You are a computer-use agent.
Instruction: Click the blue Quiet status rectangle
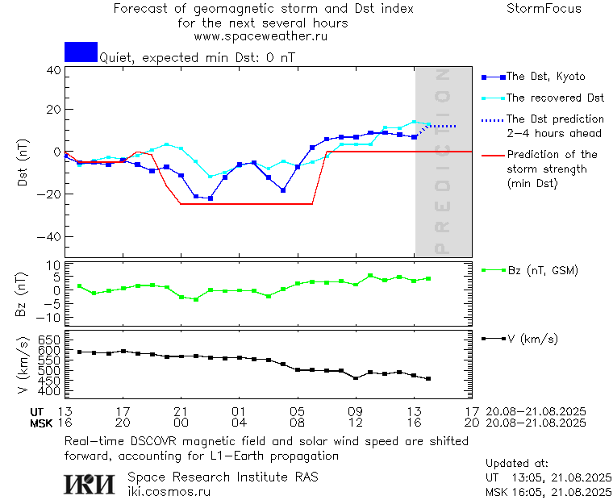click(81, 52)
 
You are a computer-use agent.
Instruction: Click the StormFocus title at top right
click(544, 9)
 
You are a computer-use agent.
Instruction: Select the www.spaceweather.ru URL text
click(261, 36)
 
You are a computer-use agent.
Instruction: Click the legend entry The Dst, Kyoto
click(545, 77)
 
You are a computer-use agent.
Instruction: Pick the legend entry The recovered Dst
click(555, 98)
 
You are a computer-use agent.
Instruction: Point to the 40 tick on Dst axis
click(53, 70)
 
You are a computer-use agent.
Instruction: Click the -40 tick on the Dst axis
click(50, 237)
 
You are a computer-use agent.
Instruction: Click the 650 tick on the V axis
click(48, 340)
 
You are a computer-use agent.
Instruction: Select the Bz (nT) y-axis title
click(23, 294)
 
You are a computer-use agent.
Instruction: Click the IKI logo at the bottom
click(90, 483)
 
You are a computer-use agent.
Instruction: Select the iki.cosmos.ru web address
click(169, 490)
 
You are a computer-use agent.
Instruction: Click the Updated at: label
click(517, 464)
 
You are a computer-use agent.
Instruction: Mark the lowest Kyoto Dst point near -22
click(211, 198)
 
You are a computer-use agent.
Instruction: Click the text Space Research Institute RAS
click(223, 477)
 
